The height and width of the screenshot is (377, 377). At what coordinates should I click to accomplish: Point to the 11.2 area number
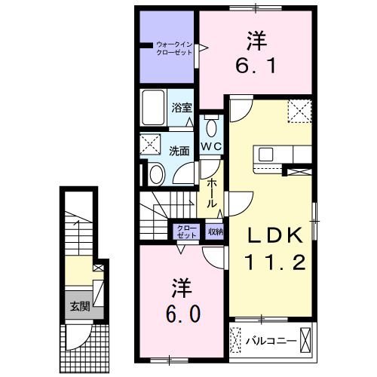pos(274,262)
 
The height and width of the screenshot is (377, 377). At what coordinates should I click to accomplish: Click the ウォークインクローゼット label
pos(174,48)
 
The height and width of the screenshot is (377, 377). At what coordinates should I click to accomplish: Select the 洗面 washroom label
pos(179,150)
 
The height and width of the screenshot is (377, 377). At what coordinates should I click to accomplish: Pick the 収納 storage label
pos(216,232)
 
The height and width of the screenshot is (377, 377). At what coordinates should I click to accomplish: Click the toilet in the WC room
pos(210,124)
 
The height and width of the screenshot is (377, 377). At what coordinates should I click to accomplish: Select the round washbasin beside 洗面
pos(155,175)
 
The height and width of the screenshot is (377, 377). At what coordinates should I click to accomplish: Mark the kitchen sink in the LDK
pos(267,155)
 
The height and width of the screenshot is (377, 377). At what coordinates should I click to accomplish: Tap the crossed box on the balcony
pos(306,340)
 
